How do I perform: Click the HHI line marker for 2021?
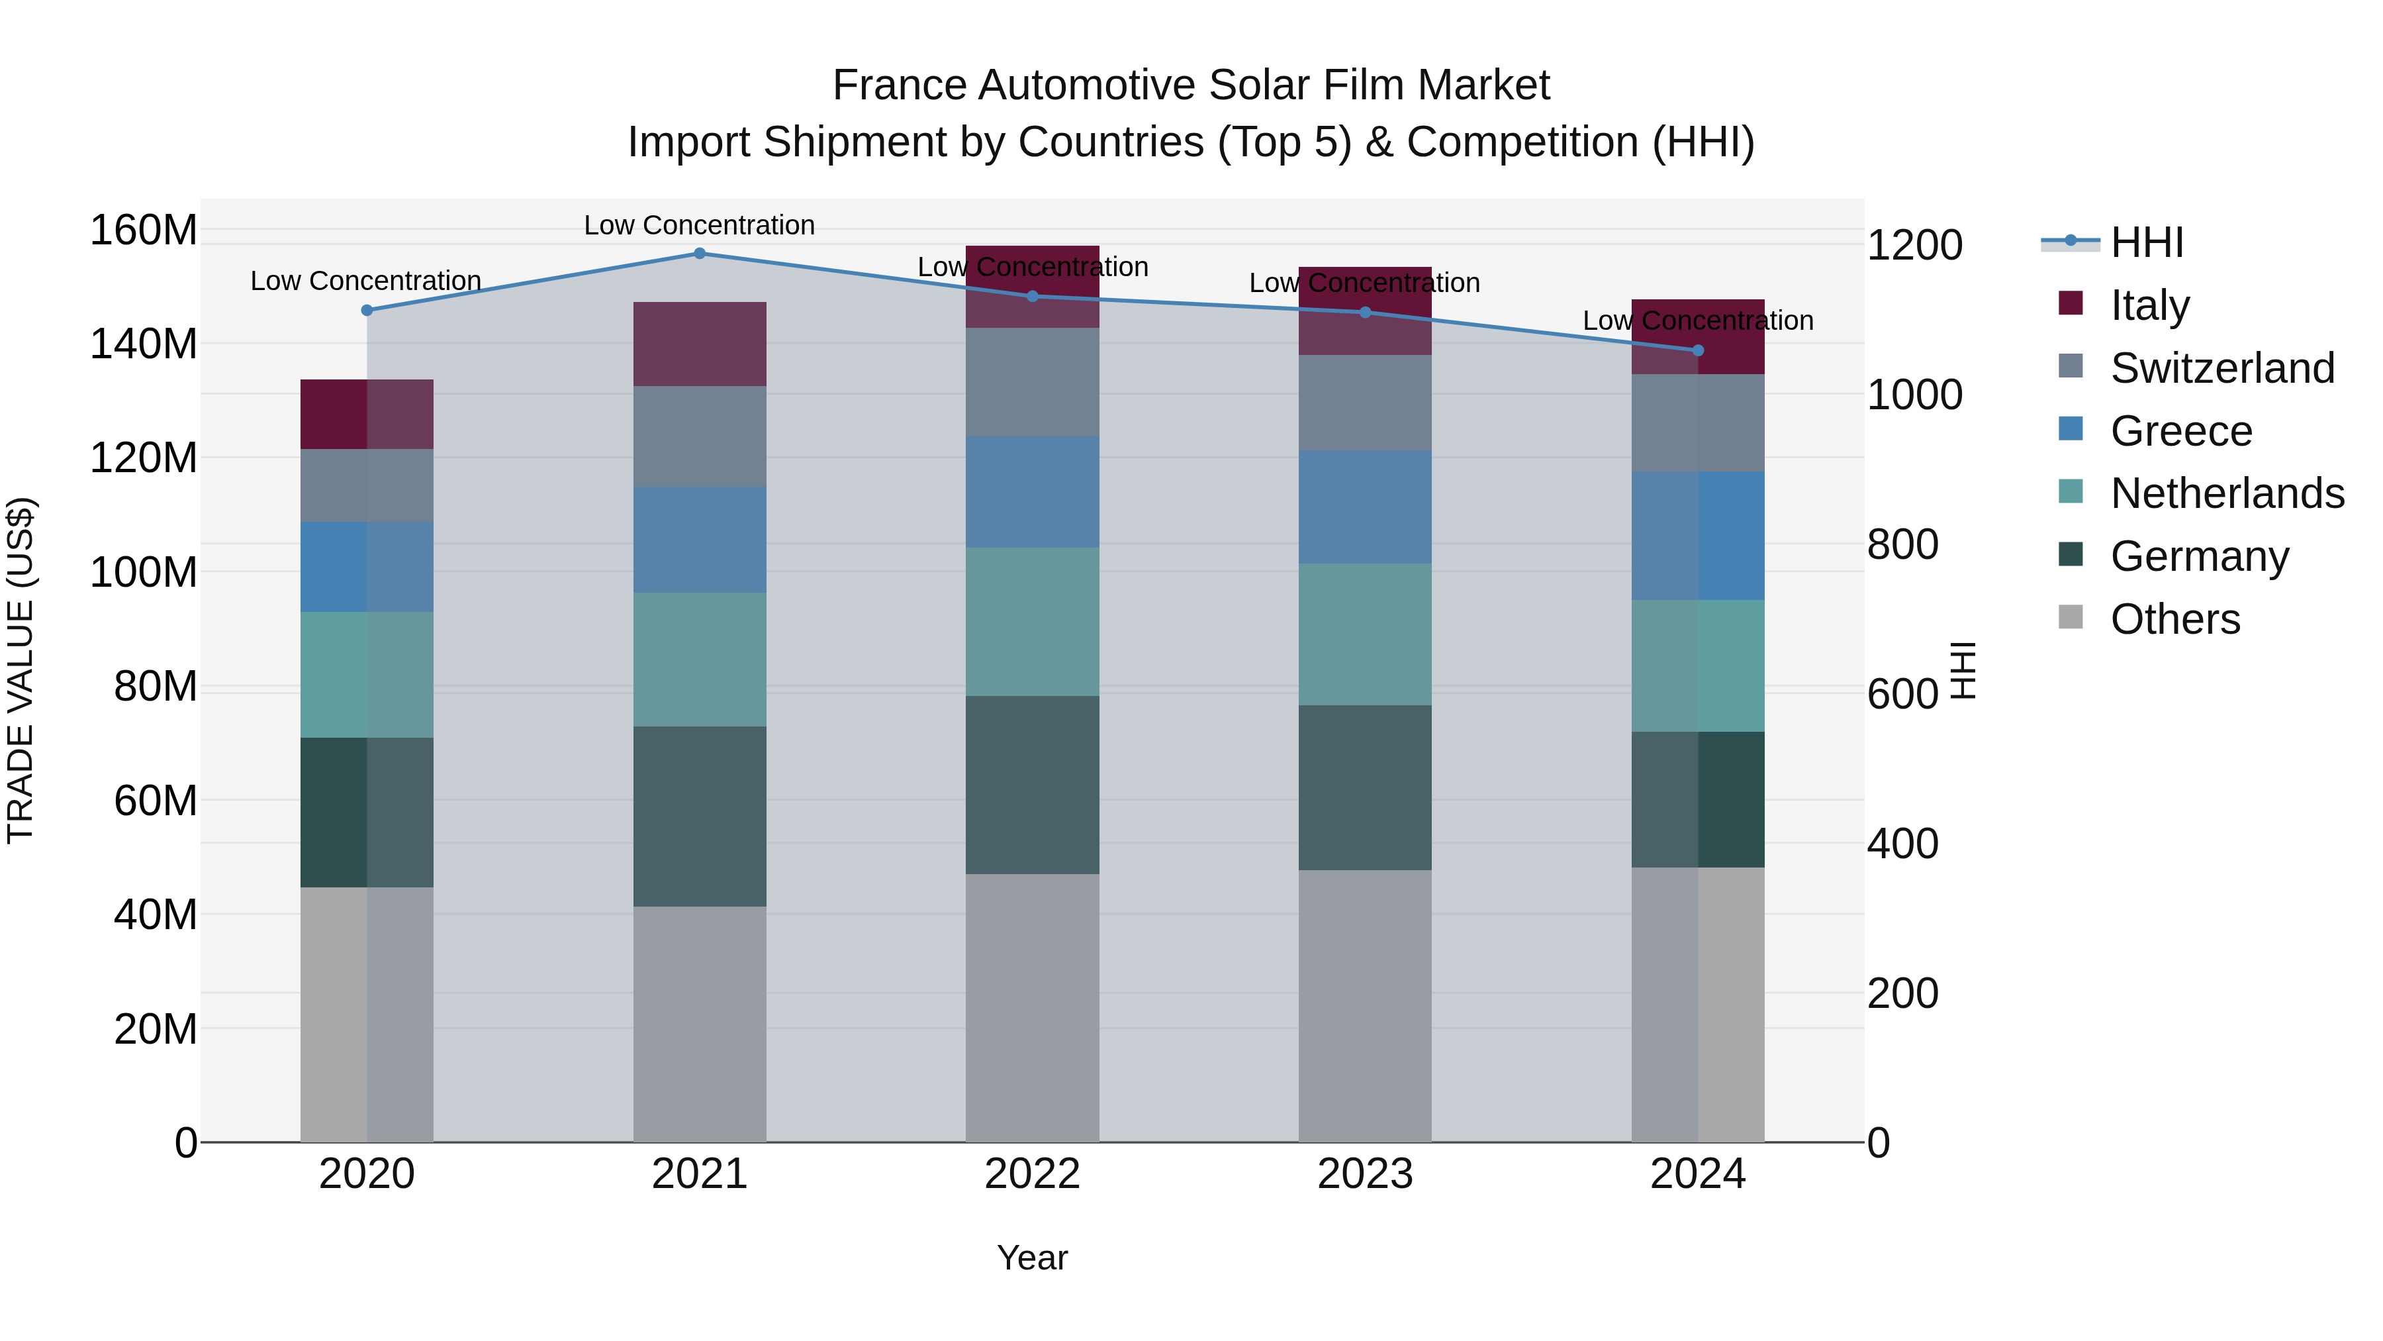pyautogui.click(x=700, y=254)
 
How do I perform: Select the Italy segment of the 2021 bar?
pyautogui.click(x=700, y=344)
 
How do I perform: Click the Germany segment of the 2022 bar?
pyautogui.click(x=1033, y=785)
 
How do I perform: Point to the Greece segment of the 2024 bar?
pyautogui.click(x=1697, y=536)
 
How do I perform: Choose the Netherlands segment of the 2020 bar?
pyautogui.click(x=366, y=675)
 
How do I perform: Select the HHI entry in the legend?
pyautogui.click(x=2146, y=242)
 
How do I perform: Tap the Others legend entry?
pyautogui.click(x=2174, y=619)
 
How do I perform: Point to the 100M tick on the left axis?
pyautogui.click(x=144, y=572)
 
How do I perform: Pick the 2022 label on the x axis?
pyautogui.click(x=1033, y=1174)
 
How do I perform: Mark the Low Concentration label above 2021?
pyautogui.click(x=700, y=225)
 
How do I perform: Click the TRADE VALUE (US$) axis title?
pyautogui.click(x=21, y=670)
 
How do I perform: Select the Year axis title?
pyautogui.click(x=1033, y=1258)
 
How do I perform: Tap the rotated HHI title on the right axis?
pyautogui.click(x=1962, y=670)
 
